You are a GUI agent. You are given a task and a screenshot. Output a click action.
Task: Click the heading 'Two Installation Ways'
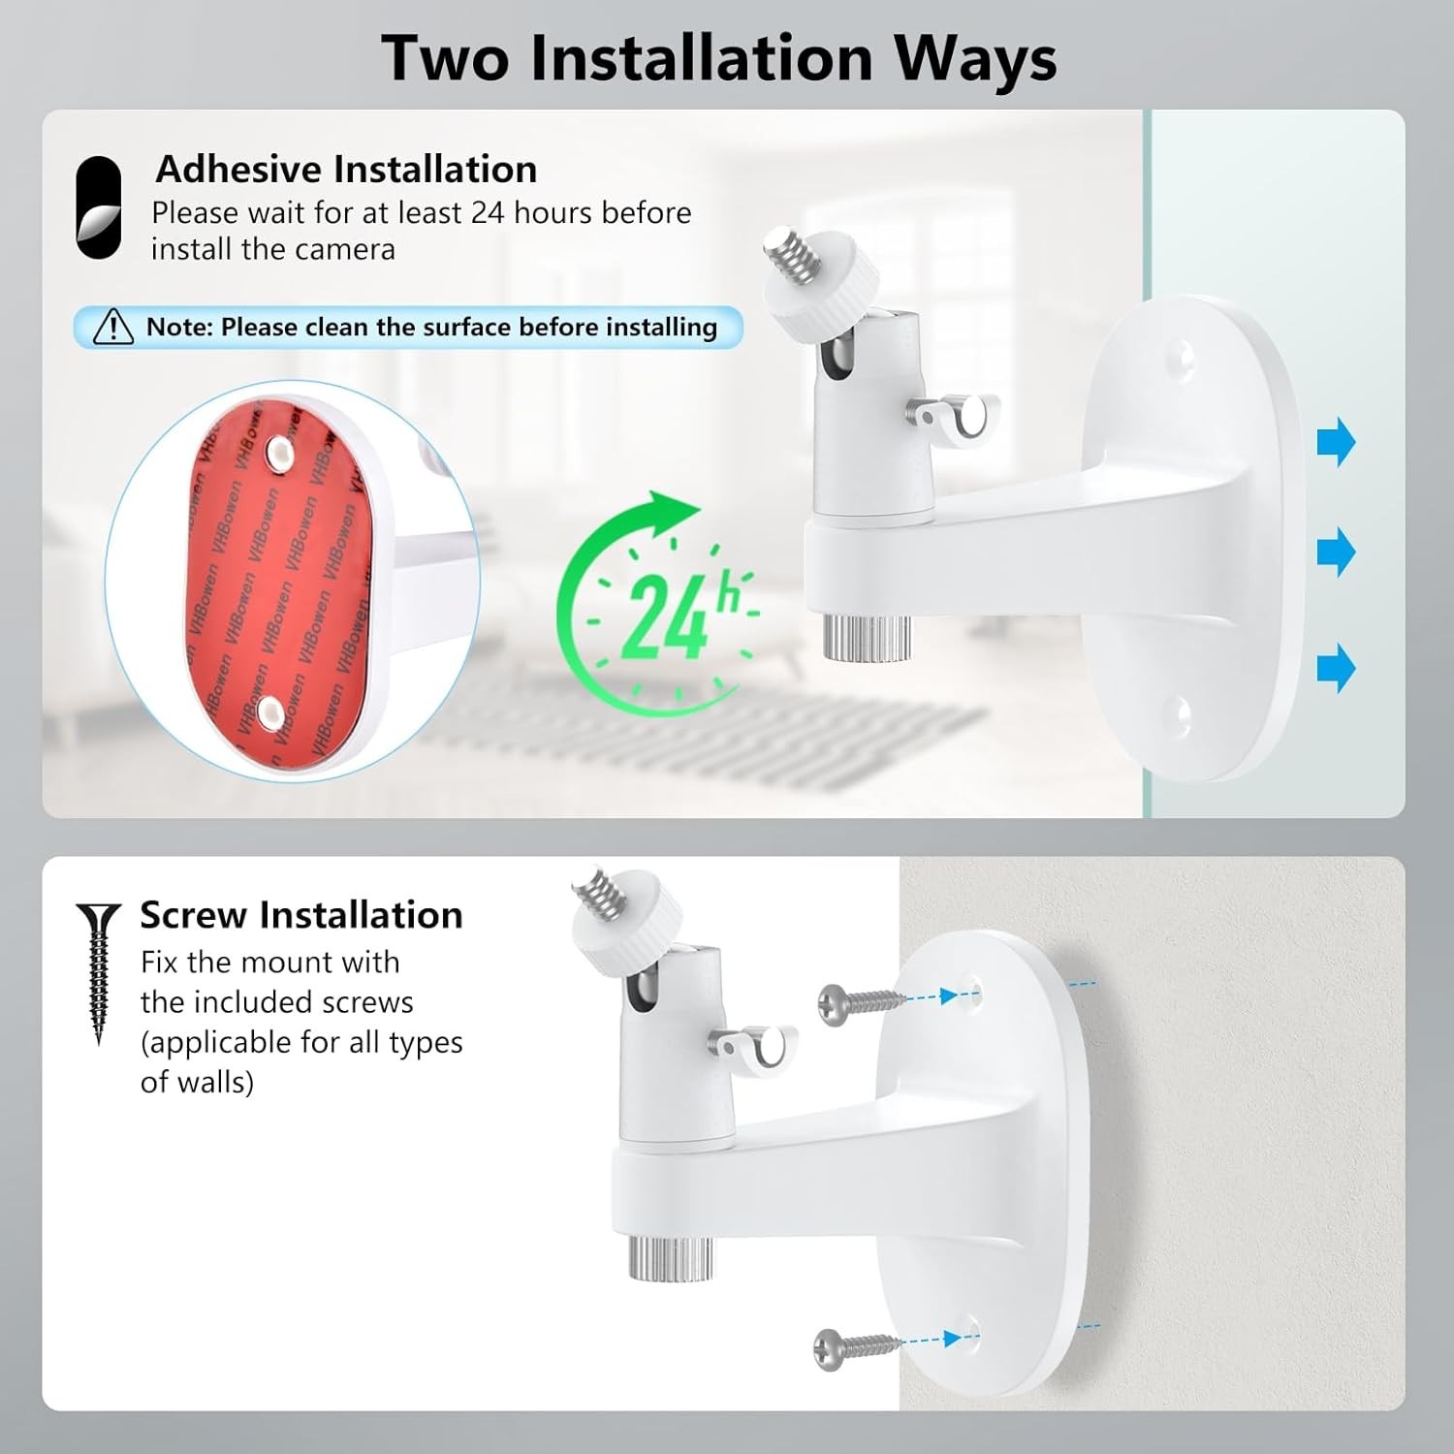(x=718, y=58)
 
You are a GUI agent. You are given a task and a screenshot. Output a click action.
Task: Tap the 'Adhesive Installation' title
(x=346, y=170)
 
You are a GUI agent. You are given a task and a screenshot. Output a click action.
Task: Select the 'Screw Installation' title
(x=300, y=915)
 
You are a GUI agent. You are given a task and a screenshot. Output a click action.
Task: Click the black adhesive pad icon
(x=99, y=208)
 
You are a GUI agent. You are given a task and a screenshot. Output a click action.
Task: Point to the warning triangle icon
(x=113, y=328)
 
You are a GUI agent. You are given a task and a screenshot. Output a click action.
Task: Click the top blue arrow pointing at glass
(x=1336, y=442)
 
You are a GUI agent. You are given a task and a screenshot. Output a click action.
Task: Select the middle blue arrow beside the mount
(x=1336, y=553)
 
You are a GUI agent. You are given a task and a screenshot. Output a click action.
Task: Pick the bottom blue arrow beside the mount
(x=1336, y=668)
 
